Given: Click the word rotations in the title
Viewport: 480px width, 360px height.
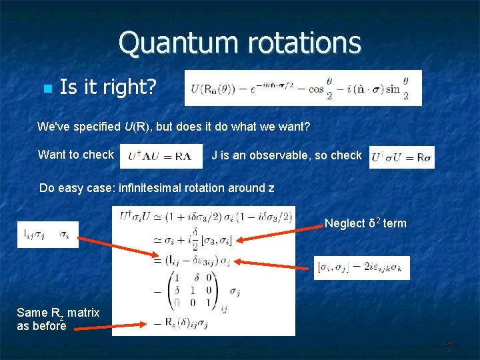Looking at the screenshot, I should (303, 43).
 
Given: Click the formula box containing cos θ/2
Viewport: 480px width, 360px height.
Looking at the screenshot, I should (303, 87).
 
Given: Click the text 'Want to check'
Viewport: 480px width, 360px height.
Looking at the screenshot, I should (76, 155).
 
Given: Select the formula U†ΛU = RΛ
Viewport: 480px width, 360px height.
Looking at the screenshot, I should (161, 156).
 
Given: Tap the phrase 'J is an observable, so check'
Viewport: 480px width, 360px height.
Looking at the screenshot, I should (286, 155).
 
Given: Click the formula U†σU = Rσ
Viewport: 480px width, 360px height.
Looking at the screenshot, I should (401, 157).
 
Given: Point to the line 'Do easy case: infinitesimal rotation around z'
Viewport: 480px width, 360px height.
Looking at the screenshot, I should (157, 187).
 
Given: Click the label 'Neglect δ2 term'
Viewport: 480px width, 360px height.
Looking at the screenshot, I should (365, 224).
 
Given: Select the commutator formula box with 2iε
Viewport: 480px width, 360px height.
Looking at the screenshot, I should (362, 267).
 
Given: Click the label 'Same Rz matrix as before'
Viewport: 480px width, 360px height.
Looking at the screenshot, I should (58, 319).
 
